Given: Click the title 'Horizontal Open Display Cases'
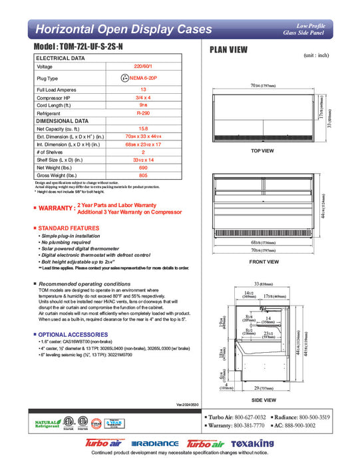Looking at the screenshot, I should click(123, 29).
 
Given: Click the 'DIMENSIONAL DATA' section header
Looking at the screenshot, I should click(62, 121).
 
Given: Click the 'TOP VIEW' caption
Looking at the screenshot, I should click(262, 151).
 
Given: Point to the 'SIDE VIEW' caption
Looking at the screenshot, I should click(264, 400).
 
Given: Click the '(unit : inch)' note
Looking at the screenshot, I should click(317, 56).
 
